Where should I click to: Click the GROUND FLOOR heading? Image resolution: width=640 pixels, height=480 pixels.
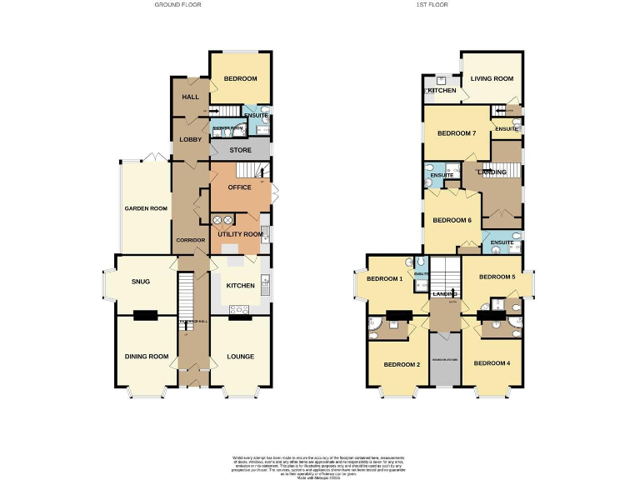[177, 4]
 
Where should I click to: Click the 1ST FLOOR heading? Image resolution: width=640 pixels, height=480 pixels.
[433, 4]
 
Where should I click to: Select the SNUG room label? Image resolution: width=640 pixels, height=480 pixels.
[140, 282]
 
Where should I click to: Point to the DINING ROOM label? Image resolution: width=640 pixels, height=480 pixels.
[147, 357]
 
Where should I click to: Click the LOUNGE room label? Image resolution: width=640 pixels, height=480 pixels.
[240, 357]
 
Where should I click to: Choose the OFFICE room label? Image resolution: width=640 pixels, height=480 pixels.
[239, 187]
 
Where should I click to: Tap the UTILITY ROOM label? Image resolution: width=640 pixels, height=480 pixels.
[240, 235]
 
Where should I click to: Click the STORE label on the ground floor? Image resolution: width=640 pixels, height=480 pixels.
[240, 151]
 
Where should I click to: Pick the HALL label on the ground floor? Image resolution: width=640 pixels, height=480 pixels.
[189, 97]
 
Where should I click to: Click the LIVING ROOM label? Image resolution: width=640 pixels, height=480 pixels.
[492, 79]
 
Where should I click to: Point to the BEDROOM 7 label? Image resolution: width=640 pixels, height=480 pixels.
[457, 133]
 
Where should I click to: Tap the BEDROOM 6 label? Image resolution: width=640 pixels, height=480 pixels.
[452, 220]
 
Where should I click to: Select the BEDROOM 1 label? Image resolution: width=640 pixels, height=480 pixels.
[384, 278]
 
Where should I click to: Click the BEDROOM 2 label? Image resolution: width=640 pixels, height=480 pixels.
[401, 364]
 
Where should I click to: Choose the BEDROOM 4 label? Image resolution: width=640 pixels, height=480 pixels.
[491, 362]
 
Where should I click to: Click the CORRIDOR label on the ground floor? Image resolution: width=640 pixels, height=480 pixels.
[190, 240]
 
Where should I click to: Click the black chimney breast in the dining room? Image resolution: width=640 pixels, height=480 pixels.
[147, 315]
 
